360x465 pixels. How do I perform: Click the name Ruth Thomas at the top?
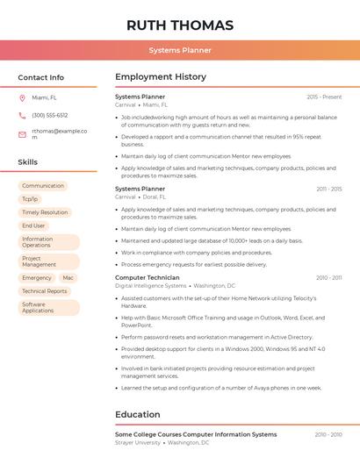pyautogui.click(x=180, y=25)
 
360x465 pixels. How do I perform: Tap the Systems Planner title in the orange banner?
pyautogui.click(x=180, y=50)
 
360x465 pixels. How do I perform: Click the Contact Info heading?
pyautogui.click(x=40, y=77)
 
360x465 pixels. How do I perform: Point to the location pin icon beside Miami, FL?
pyautogui.click(x=22, y=98)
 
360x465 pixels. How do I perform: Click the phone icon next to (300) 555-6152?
pyautogui.click(x=22, y=116)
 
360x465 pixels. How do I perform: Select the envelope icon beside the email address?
pyautogui.click(x=22, y=134)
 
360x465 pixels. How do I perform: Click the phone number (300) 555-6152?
pyautogui.click(x=50, y=116)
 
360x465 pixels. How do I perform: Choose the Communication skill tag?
pyautogui.click(x=43, y=186)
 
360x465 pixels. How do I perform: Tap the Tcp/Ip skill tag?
pyautogui.click(x=30, y=199)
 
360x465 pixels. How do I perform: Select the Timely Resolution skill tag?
pyautogui.click(x=45, y=212)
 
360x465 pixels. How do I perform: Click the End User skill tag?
pyautogui.click(x=33, y=225)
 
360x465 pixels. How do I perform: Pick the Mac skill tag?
pyautogui.click(x=68, y=278)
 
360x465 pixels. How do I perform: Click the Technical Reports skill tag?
pyautogui.click(x=45, y=291)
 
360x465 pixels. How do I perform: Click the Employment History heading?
pyautogui.click(x=161, y=77)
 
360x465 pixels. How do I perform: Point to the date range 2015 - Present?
pyautogui.click(x=324, y=97)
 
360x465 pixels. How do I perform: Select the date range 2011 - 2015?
pyautogui.click(x=329, y=189)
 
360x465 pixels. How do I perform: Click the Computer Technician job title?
pyautogui.click(x=148, y=277)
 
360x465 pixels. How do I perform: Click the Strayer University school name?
pyautogui.click(x=138, y=443)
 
